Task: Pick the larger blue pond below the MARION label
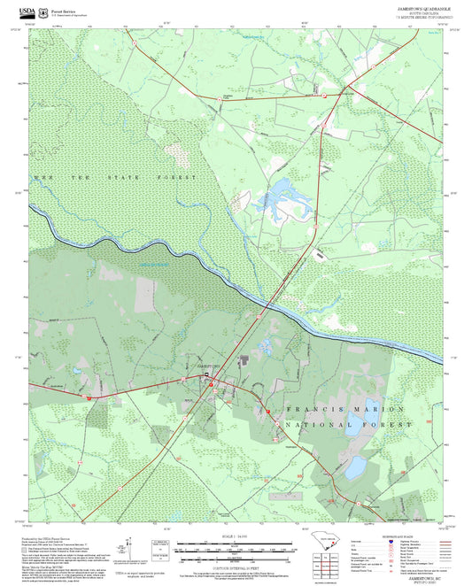[x=359, y=466]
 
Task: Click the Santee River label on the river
[x=152, y=264]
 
